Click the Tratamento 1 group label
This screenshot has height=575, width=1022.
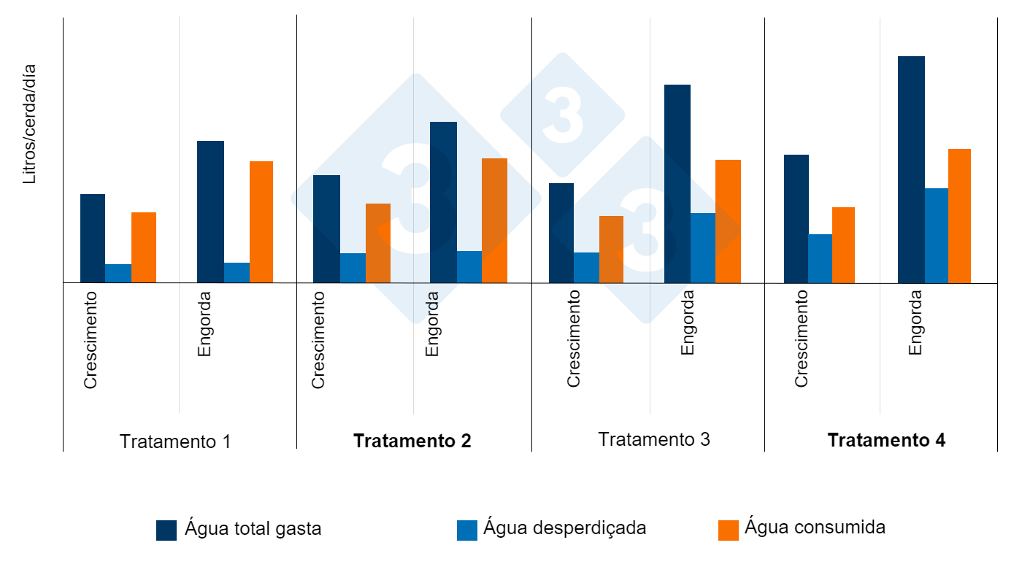tap(175, 441)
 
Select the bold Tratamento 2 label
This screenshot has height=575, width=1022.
tap(412, 441)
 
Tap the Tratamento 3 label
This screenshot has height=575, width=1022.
tap(653, 439)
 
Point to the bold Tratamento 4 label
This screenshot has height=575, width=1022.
tap(886, 440)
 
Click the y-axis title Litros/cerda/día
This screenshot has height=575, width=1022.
tap(29, 124)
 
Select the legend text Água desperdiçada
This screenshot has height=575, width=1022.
tap(564, 528)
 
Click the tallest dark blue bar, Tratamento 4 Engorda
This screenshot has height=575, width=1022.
tap(911, 169)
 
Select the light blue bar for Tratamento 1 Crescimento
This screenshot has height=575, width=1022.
tap(118, 273)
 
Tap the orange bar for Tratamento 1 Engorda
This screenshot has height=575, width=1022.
tap(261, 222)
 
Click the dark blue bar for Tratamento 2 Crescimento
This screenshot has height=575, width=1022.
tap(326, 228)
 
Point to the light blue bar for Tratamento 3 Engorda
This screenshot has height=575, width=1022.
tap(702, 247)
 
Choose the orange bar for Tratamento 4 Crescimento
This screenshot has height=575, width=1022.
tap(843, 244)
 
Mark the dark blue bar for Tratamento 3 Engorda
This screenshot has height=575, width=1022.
tap(677, 183)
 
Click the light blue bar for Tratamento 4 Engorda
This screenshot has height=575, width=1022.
tap(936, 235)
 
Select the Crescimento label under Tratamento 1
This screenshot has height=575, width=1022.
tap(91, 340)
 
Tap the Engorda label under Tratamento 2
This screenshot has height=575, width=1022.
tap(432, 324)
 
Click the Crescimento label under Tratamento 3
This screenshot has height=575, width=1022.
tap(574, 339)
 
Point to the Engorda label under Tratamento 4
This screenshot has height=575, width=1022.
tap(915, 323)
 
